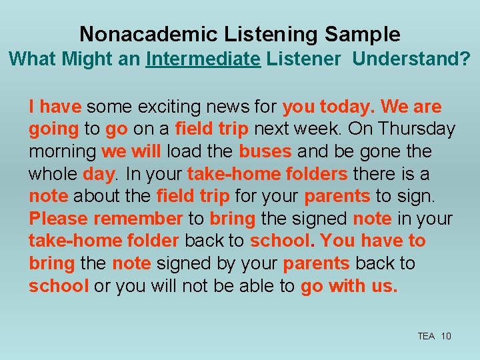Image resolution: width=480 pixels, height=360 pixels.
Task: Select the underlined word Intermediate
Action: click(203, 59)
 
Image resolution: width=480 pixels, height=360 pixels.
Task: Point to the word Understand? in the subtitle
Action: click(411, 59)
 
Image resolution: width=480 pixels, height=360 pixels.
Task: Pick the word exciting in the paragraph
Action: click(149, 107)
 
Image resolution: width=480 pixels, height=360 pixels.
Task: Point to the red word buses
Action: click(265, 151)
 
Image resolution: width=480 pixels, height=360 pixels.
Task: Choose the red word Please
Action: click(58, 219)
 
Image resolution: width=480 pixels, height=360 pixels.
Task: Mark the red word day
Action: click(99, 174)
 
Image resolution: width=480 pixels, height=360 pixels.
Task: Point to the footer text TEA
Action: click(426, 336)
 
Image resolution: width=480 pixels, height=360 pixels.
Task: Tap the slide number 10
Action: click(446, 336)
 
